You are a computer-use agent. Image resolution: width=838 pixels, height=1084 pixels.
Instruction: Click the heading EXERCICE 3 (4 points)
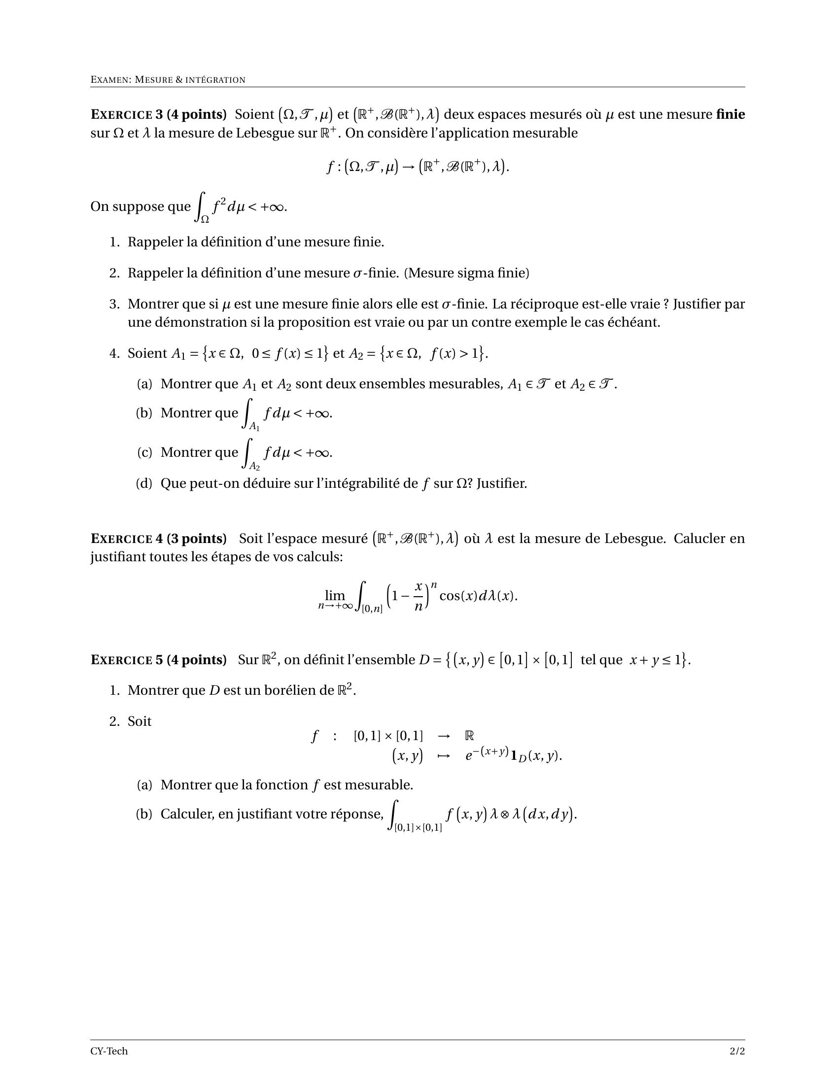pyautogui.click(x=158, y=115)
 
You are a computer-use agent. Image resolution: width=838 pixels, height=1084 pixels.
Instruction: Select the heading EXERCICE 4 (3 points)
pyautogui.click(x=158, y=539)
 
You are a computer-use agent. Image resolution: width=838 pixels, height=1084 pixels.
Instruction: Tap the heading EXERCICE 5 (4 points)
pyautogui.click(x=158, y=660)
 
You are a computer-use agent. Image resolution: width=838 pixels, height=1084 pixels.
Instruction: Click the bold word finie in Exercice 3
pyautogui.click(x=730, y=115)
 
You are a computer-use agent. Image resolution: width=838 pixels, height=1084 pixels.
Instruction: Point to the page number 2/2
pyautogui.click(x=737, y=1051)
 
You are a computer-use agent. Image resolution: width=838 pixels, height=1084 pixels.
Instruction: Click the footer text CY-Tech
pyautogui.click(x=109, y=1051)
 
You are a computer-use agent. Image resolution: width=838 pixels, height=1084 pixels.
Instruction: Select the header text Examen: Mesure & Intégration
pyautogui.click(x=168, y=80)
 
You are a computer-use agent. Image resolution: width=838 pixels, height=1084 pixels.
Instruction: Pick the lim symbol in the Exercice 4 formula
pyautogui.click(x=335, y=595)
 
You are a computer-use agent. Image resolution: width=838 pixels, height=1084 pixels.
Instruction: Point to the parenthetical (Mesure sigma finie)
pyautogui.click(x=467, y=273)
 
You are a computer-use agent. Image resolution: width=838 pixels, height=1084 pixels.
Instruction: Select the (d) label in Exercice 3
pyautogui.click(x=144, y=483)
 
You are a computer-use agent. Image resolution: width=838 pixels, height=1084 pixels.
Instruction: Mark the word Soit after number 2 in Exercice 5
pyautogui.click(x=140, y=721)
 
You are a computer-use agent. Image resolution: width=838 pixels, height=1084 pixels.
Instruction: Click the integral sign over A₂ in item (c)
pyautogui.click(x=247, y=453)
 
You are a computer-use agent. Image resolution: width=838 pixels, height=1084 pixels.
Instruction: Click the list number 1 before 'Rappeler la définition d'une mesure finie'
pyautogui.click(x=114, y=242)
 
